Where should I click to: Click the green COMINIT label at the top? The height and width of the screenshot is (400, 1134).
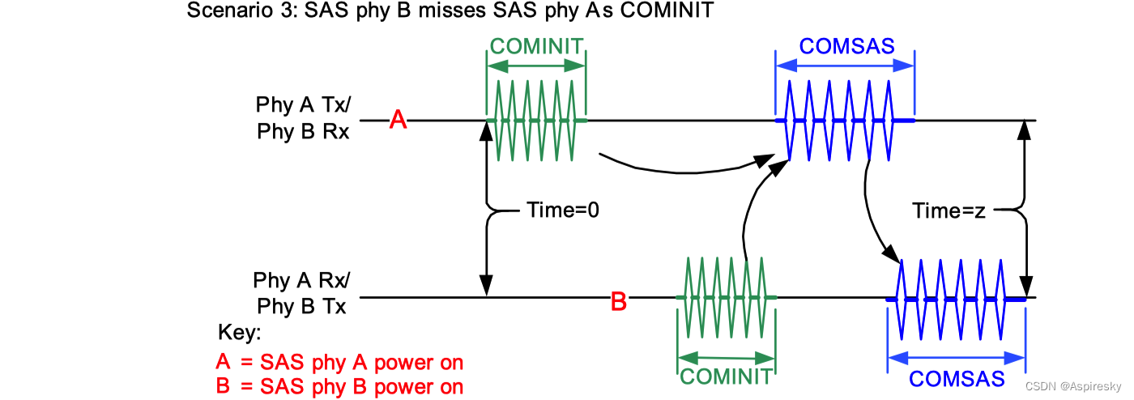pyautogui.click(x=536, y=45)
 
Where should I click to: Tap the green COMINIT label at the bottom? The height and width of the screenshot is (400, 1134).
pyautogui.click(x=726, y=377)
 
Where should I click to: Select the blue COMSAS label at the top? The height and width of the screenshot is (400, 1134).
pyautogui.click(x=846, y=46)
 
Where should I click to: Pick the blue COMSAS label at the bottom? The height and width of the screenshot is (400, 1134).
pyautogui.click(x=957, y=378)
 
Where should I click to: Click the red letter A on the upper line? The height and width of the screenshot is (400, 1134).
pyautogui.click(x=398, y=121)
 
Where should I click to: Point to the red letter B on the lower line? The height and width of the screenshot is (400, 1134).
pyautogui.click(x=618, y=304)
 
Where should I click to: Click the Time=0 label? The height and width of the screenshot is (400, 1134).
pyautogui.click(x=562, y=211)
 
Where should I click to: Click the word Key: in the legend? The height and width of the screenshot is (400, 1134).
pyautogui.click(x=241, y=333)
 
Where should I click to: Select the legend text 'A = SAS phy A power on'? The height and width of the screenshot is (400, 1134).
pyautogui.click(x=339, y=361)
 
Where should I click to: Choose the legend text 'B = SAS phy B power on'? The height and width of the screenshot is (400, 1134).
pyautogui.click(x=339, y=386)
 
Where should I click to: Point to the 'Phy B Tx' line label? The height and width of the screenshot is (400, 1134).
pyautogui.click(x=301, y=307)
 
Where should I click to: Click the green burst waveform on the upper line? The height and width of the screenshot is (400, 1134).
pyautogui.click(x=536, y=121)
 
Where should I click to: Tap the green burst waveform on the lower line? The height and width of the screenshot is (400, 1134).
pyautogui.click(x=726, y=298)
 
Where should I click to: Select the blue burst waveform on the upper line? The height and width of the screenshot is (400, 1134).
pyautogui.click(x=845, y=121)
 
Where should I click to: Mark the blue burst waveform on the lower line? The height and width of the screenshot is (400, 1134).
pyautogui.click(x=956, y=299)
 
